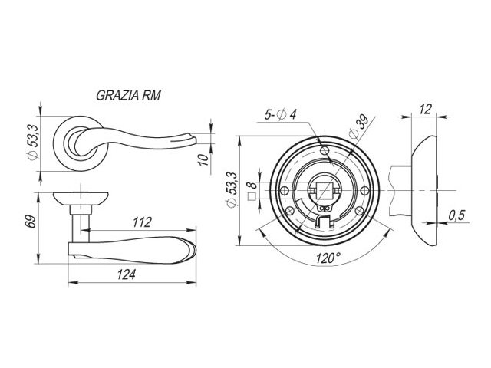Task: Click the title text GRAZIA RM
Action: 128,95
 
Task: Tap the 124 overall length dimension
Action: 126,274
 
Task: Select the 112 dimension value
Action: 142,222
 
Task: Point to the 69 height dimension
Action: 29,222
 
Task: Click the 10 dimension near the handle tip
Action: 203,159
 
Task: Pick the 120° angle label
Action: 328,258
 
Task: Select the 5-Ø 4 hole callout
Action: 280,114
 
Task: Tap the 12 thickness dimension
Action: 425,109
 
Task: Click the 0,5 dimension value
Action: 457,215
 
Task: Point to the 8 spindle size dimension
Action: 252,185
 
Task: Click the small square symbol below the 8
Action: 252,196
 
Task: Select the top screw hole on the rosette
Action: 325,150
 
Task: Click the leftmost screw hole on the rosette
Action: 285,190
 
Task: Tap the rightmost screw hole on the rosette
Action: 365,190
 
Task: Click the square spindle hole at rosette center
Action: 325,190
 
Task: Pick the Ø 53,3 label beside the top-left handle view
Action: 33,142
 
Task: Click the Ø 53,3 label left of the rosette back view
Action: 232,189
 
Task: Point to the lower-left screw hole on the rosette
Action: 290,210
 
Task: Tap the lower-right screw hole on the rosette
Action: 360,210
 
